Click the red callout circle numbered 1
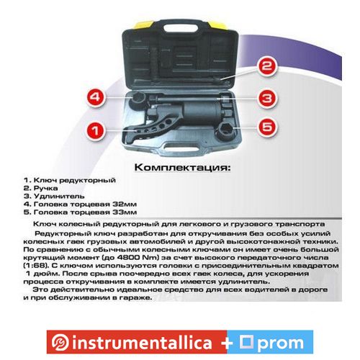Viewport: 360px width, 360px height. [x=96, y=131]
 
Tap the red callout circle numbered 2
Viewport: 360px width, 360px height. [x=267, y=66]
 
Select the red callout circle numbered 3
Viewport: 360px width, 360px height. [x=267, y=99]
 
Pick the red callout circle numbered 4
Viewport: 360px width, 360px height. [x=96, y=97]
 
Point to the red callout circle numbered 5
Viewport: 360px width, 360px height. [x=267, y=127]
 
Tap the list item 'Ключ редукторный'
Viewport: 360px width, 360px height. [x=75, y=180]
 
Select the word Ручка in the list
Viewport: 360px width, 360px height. [x=45, y=188]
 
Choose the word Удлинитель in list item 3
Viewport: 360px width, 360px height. [x=59, y=197]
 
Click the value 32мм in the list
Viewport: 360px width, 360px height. [x=125, y=204]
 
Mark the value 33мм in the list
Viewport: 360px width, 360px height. [x=125, y=212]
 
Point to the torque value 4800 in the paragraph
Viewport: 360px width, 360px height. [x=130, y=258]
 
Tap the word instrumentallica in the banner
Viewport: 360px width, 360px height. [x=142, y=343]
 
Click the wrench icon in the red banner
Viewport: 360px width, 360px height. [x=60, y=342]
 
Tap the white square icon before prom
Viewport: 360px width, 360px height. [x=246, y=341]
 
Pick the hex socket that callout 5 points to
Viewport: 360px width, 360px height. [x=226, y=131]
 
